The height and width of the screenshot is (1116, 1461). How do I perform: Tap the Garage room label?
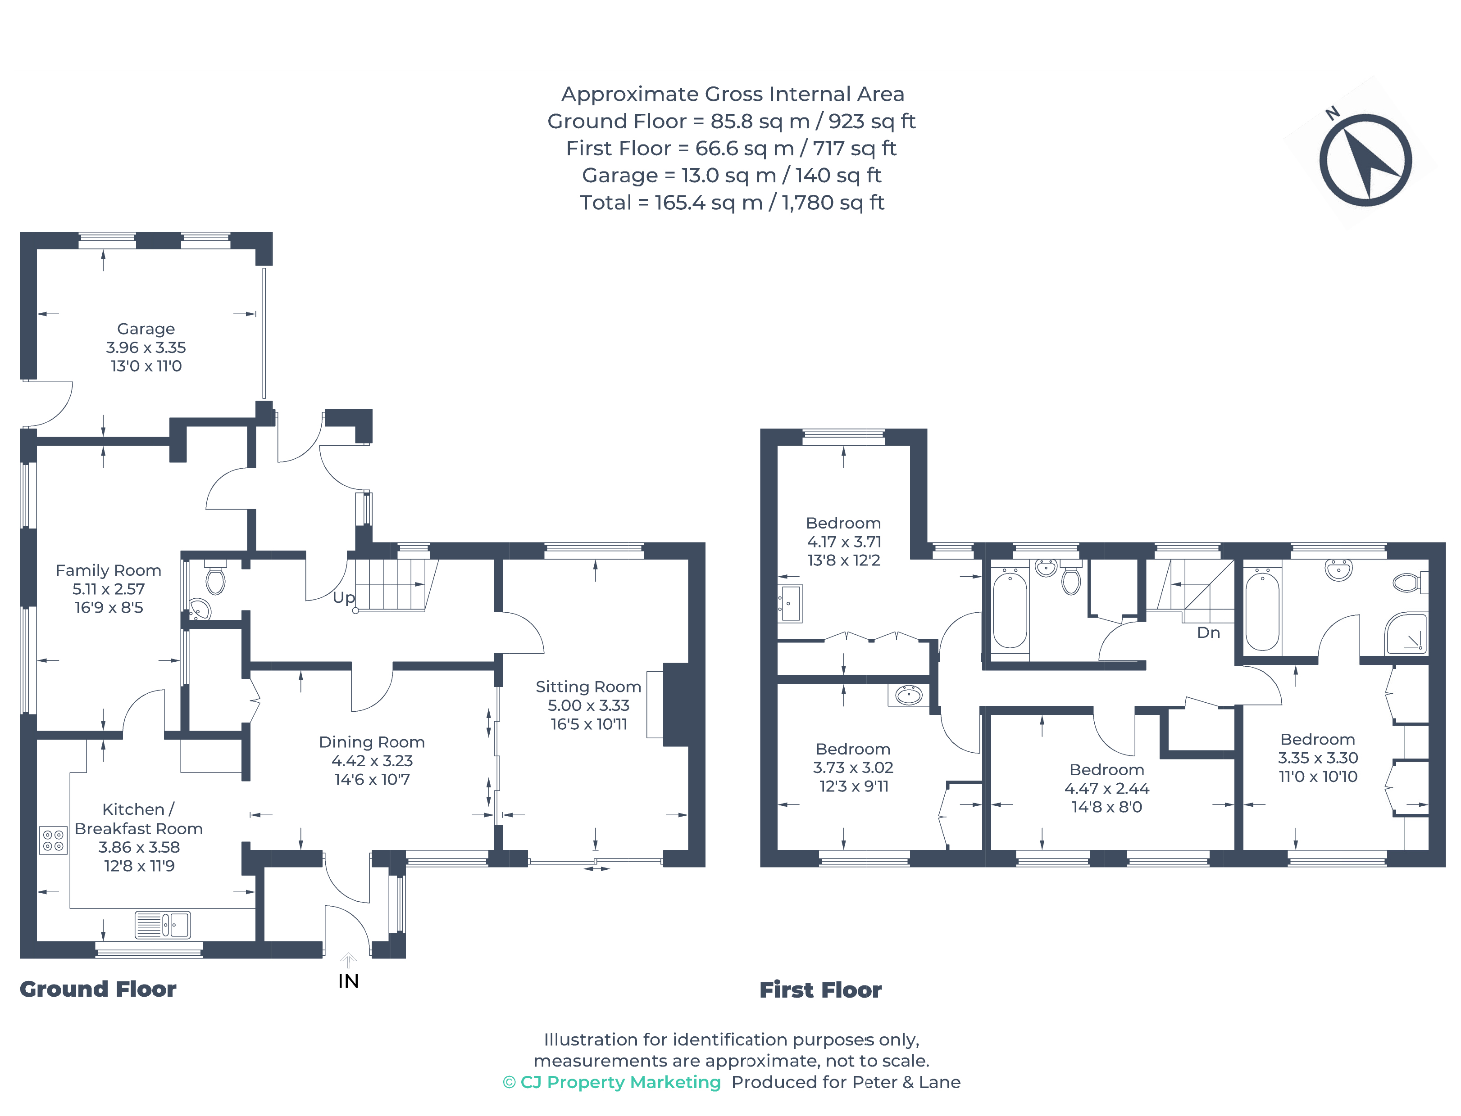click(x=146, y=329)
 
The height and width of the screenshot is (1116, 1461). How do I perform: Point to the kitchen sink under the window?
click(x=163, y=924)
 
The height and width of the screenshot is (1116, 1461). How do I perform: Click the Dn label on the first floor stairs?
click(x=1208, y=633)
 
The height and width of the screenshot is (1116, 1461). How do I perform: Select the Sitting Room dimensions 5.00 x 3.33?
click(x=588, y=705)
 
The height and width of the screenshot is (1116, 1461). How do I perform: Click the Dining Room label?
click(x=372, y=742)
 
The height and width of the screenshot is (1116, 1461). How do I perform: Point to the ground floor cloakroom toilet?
click(x=215, y=579)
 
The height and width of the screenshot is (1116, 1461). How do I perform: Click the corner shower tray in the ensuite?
click(x=1406, y=634)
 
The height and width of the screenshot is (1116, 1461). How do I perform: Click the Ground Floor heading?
click(x=98, y=989)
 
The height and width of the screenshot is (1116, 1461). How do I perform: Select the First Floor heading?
click(x=820, y=990)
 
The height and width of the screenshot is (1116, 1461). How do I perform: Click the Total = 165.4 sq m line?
click(x=731, y=203)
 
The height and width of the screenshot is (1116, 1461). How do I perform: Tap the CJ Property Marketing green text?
click(x=611, y=1082)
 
